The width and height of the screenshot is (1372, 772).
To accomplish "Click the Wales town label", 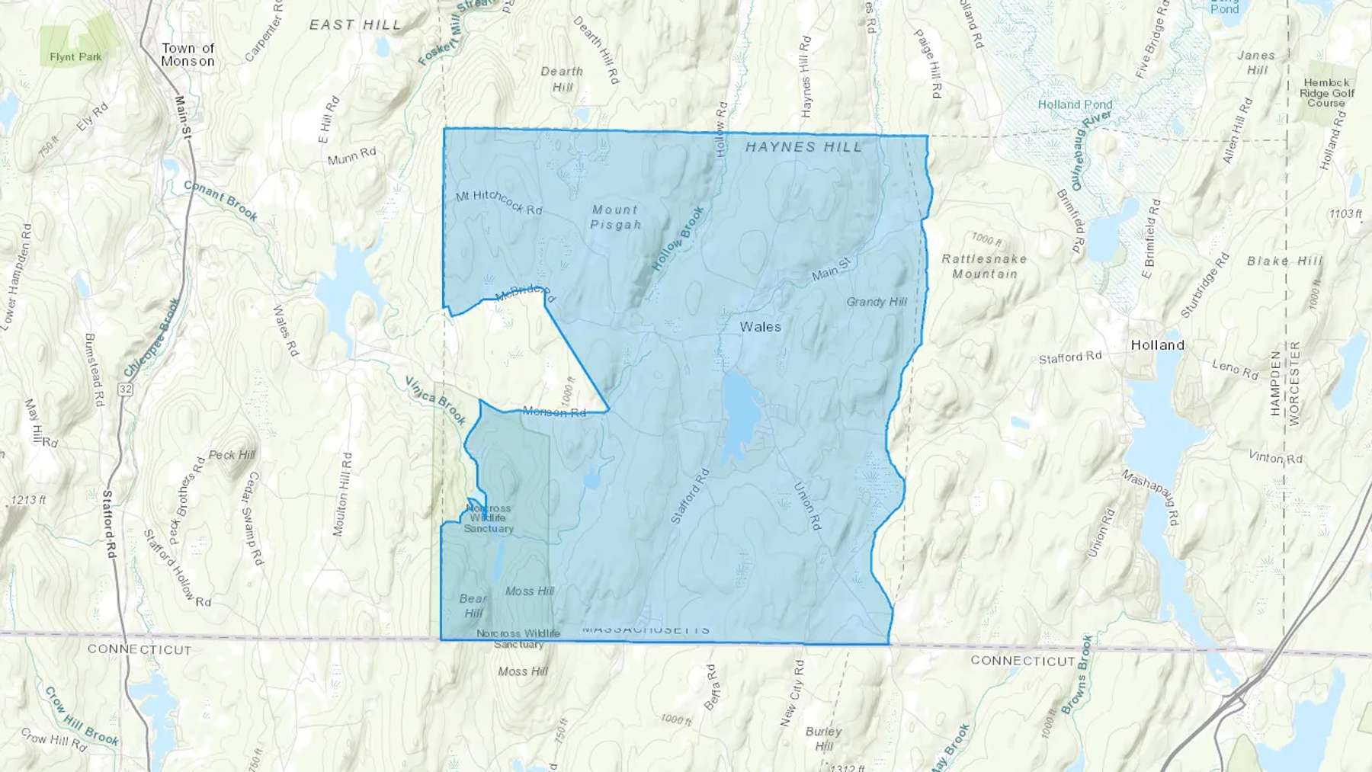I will coord(760,327).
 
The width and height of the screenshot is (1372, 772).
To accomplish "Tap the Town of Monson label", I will coord(188,55).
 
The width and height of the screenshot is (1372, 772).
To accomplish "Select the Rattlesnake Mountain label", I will coord(984,266).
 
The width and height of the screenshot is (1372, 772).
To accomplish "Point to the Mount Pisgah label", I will coord(615,217).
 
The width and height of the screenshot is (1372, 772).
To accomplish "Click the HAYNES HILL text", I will coord(803,147).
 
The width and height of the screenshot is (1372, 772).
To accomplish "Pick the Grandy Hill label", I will coord(877,302).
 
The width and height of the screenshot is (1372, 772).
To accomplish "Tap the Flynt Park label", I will coord(75,57).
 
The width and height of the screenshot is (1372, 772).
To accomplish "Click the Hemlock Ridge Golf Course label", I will coord(1326,93).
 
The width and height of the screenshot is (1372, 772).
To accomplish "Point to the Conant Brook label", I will coord(220,201).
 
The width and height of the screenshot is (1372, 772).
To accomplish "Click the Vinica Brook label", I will coord(434,400).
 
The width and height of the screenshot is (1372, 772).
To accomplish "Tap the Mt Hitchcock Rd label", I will coord(498,202).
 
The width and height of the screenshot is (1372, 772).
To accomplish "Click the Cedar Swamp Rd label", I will coord(254,518).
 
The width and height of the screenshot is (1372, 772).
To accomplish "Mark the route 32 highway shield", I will coord(126,389).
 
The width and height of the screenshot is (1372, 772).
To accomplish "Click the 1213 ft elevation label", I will coord(28,501).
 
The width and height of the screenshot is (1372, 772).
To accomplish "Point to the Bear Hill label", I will coord(473,606).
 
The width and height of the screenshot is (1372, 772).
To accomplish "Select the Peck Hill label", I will coord(232,455).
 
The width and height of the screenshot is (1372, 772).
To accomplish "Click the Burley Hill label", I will coord(823,738).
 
